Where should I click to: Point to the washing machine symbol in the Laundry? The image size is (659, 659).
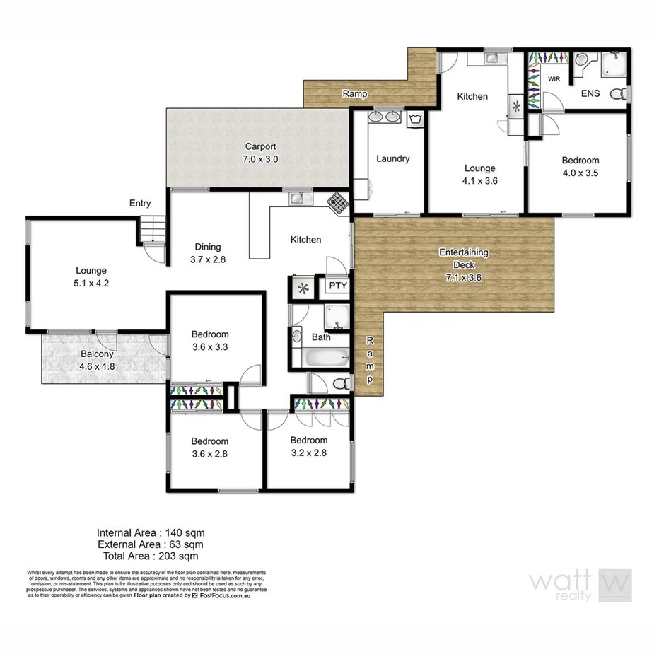416,118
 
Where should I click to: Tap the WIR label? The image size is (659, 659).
554,79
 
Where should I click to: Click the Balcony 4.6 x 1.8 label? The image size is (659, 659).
98,360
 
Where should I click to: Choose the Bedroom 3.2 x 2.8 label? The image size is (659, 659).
308,446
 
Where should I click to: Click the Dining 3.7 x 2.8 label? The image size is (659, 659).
208,253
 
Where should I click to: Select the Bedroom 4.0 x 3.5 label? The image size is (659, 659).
580,166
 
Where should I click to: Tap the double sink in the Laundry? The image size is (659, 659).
385,117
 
